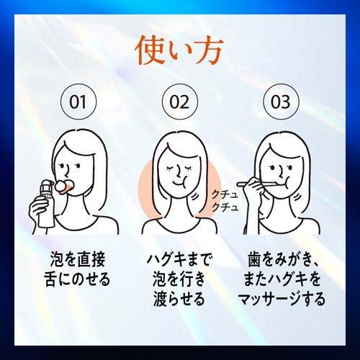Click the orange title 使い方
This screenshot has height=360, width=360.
(179, 50)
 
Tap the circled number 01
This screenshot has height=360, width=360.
(78, 102)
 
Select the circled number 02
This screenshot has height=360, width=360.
(180, 102)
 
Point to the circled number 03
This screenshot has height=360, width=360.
(281, 102)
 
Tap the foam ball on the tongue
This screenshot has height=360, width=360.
(60, 184)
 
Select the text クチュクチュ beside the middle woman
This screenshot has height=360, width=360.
(225, 200)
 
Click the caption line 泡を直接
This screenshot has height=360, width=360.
(78, 259)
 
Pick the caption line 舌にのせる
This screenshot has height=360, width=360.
(77, 279)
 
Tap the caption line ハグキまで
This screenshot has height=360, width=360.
(179, 259)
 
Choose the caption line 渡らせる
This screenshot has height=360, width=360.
(179, 299)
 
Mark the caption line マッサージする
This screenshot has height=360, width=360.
(282, 299)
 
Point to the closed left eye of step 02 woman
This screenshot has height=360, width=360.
(171, 168)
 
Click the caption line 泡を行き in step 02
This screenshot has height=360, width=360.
(179, 279)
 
